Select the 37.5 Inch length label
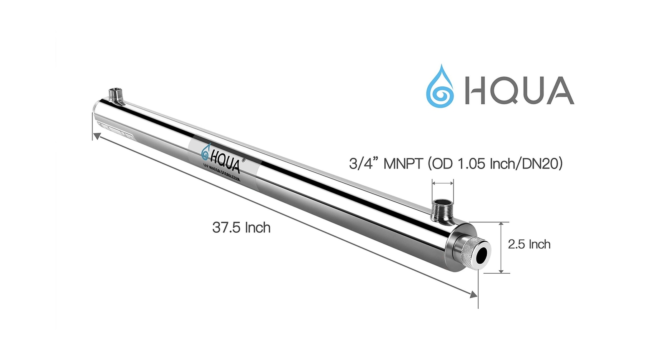click(x=241, y=228)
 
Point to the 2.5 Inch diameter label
click(x=529, y=244)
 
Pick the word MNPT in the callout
click(x=403, y=164)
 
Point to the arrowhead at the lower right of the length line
click(x=474, y=295)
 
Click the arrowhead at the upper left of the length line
click(x=96, y=136)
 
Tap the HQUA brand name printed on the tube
click(x=225, y=161)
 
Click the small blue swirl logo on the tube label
click(x=205, y=154)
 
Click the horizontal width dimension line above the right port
click(x=443, y=183)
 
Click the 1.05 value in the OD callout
click(x=472, y=164)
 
